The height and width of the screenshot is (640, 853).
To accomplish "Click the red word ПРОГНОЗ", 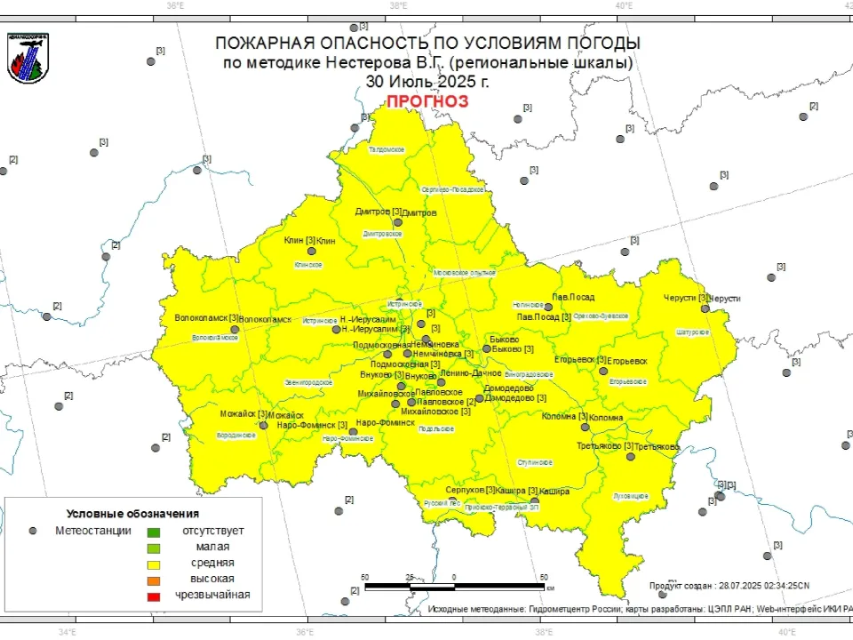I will click(426, 101).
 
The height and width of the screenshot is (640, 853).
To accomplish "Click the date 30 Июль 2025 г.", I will click(426, 81).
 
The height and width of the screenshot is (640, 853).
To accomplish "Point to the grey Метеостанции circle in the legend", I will click(33, 531).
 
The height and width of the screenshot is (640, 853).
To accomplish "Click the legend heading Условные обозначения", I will click(132, 514).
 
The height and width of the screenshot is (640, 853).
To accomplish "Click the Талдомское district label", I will click(387, 149).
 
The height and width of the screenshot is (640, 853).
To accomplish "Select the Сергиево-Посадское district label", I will click(452, 189).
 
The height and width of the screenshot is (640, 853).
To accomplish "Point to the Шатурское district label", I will click(693, 332).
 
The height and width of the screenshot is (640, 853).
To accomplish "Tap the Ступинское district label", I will click(537, 463).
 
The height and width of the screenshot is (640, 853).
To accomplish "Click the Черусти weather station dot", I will click(705, 309).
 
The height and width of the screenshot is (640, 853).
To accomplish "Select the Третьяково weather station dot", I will click(630, 457).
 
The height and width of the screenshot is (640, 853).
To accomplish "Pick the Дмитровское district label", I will click(383, 235).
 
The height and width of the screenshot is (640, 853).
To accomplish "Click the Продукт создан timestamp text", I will click(729, 585).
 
